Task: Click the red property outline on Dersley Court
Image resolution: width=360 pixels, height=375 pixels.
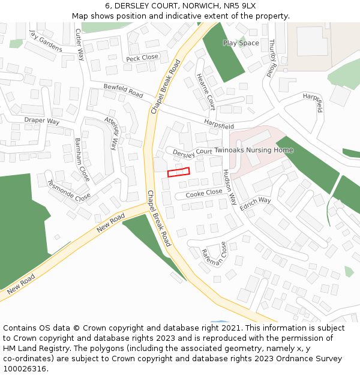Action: [178, 172]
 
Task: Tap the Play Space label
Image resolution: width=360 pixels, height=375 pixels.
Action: [241, 43]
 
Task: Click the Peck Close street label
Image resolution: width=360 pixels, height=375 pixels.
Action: [142, 58]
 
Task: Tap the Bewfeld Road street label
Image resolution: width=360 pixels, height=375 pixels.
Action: [123, 91]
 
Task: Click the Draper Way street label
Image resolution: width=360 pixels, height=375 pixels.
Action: [42, 121]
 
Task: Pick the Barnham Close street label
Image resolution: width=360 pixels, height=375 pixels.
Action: [82, 160]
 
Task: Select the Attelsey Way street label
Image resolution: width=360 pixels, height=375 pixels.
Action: [111, 133]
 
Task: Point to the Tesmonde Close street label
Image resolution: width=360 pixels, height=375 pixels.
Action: [68, 190]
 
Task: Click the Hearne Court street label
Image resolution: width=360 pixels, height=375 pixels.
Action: [205, 91]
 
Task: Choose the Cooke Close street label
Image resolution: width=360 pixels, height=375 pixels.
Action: [203, 194]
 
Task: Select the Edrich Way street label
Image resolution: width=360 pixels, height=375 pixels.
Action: [255, 204]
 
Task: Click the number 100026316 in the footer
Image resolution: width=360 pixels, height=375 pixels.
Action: [26, 368]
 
